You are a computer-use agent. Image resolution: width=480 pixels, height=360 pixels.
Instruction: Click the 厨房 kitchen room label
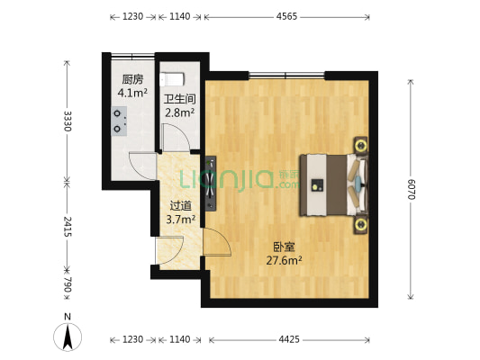pyautogui.click(x=133, y=78)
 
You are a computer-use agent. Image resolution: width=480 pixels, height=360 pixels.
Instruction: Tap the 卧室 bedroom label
pyautogui.click(x=283, y=247)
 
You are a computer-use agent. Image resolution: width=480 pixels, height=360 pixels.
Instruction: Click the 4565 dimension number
pyautogui.click(x=285, y=16)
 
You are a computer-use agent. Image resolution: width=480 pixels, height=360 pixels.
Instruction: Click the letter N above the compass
pyautogui.click(x=68, y=317)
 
